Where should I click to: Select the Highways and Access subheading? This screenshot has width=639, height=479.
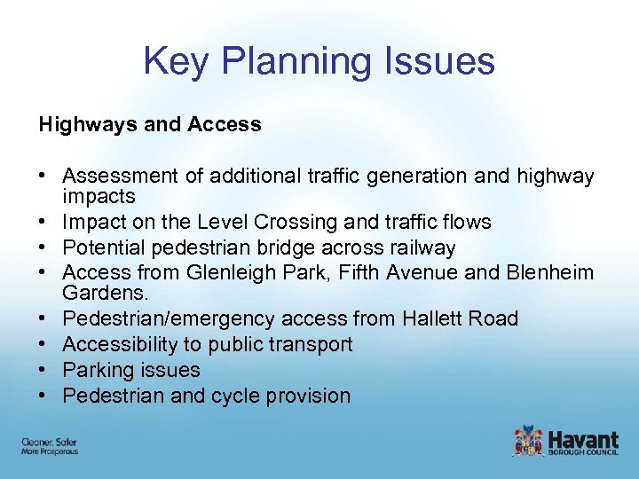(x=150, y=125)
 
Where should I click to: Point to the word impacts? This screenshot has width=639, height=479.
(x=99, y=196)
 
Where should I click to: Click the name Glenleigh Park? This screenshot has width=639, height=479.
(x=226, y=273)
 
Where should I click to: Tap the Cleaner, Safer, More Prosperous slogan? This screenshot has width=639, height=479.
(x=50, y=446)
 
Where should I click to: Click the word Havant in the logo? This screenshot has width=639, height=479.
(x=583, y=439)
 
